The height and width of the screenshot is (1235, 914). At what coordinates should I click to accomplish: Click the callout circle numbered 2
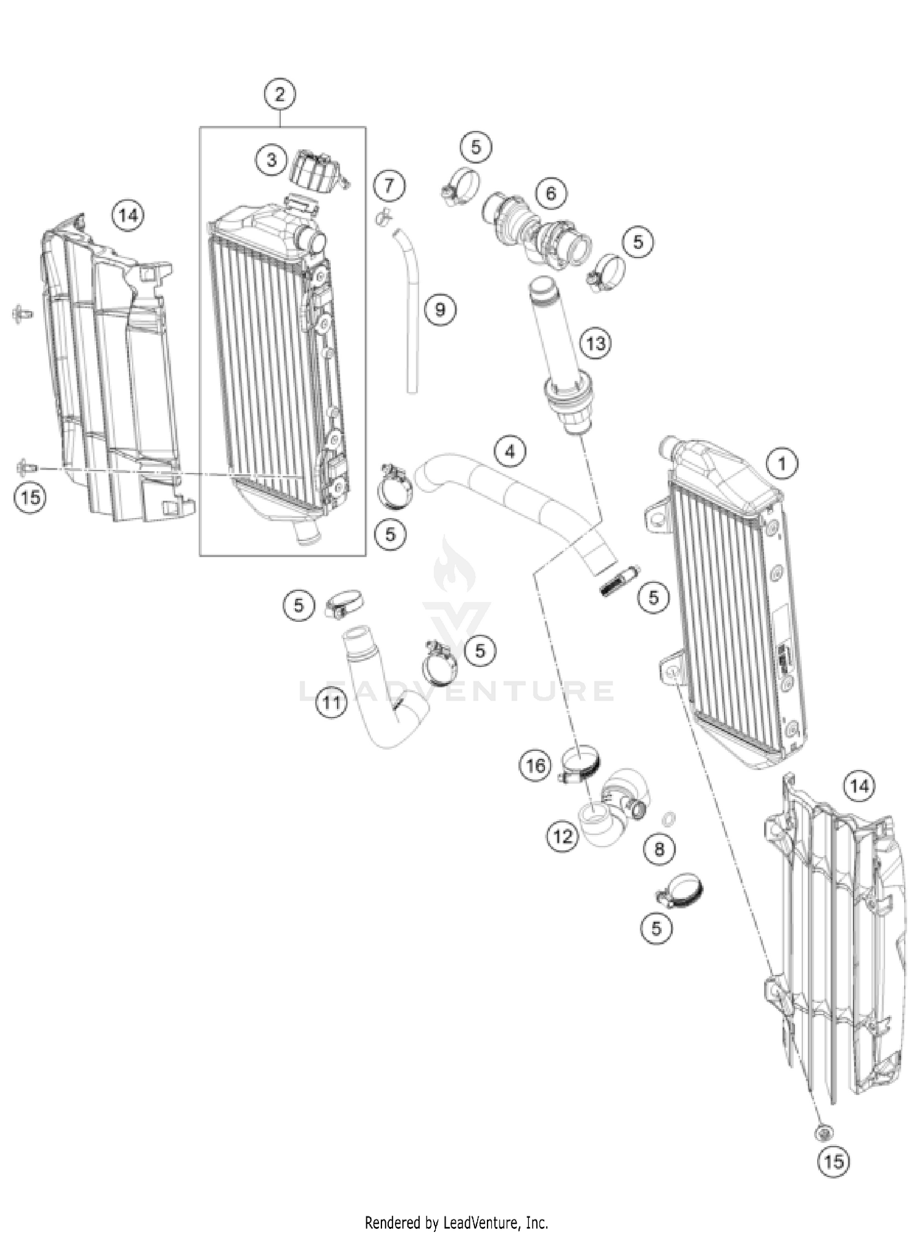280,94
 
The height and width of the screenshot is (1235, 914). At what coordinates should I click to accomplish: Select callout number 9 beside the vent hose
440,310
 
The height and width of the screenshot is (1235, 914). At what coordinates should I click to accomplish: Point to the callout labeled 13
595,343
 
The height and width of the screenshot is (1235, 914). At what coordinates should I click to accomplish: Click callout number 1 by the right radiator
782,463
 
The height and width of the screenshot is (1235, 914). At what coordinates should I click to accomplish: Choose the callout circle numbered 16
536,765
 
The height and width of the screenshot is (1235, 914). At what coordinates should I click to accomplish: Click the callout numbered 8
659,849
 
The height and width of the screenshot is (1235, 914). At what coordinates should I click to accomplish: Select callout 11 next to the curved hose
331,703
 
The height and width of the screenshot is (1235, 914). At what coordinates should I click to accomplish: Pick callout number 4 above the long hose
509,452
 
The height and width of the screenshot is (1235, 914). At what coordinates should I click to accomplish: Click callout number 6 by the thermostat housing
551,193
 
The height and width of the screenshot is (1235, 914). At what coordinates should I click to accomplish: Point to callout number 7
389,185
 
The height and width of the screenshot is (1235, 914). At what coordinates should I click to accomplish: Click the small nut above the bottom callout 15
824,1133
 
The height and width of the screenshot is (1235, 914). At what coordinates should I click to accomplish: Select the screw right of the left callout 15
28,468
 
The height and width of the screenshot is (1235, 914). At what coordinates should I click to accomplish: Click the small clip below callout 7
383,215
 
